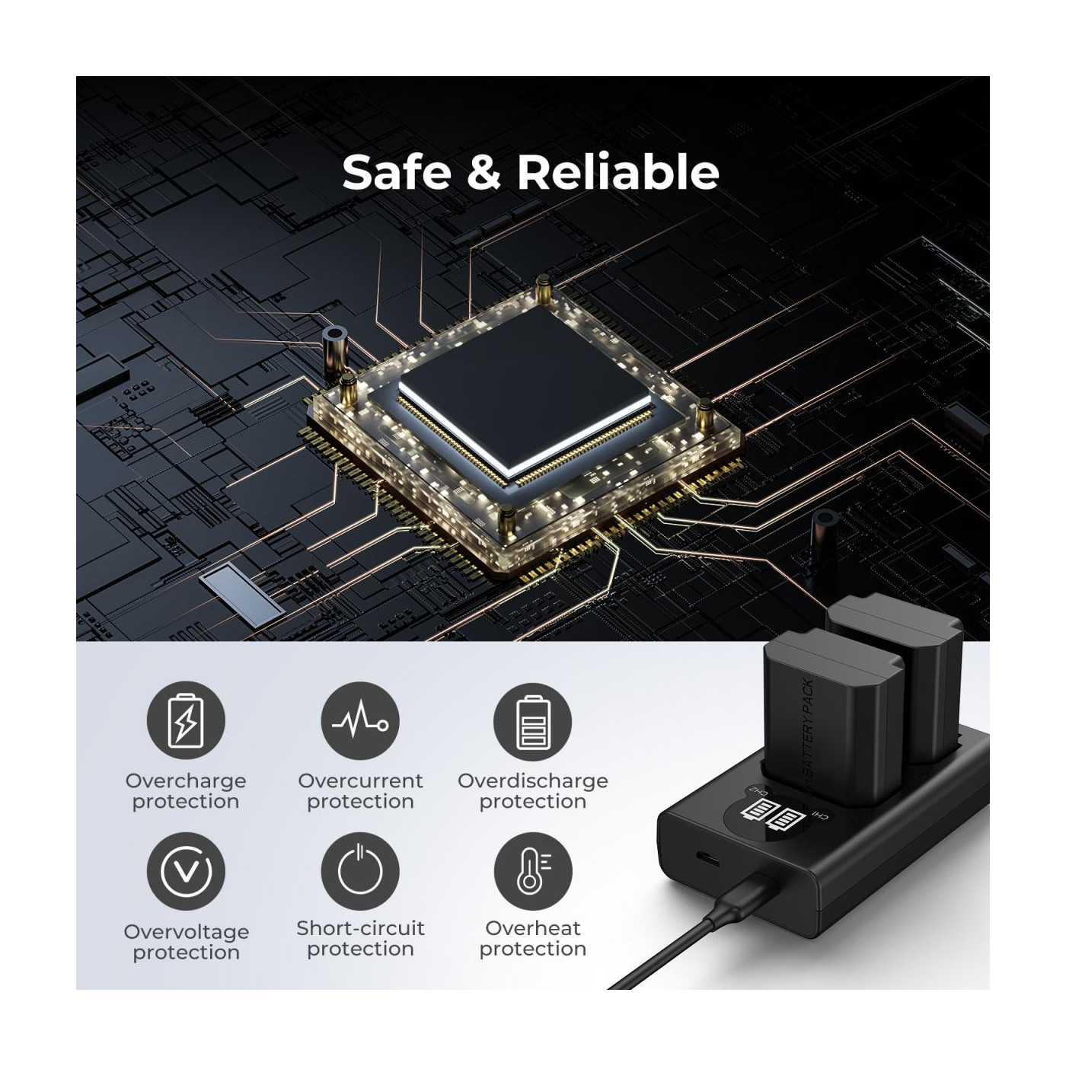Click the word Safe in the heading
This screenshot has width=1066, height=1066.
(x=397, y=172)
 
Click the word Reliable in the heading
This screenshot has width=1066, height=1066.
(x=618, y=172)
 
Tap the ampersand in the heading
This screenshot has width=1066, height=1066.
(x=484, y=172)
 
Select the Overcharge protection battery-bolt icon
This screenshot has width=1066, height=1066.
(x=186, y=721)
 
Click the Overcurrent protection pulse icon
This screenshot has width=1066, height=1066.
(x=360, y=721)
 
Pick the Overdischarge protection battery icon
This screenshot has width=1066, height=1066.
(x=533, y=721)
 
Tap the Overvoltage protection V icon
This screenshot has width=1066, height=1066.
(x=186, y=871)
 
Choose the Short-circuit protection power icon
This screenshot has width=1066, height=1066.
(x=360, y=871)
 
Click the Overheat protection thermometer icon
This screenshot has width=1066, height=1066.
(x=533, y=871)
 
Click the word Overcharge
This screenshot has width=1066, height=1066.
(x=186, y=782)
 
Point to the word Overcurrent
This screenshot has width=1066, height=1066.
(x=360, y=780)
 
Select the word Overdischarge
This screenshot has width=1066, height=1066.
(x=533, y=782)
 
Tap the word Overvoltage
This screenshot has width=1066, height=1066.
(x=187, y=932)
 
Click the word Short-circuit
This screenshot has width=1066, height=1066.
(x=360, y=928)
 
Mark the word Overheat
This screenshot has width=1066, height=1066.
(x=533, y=928)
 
